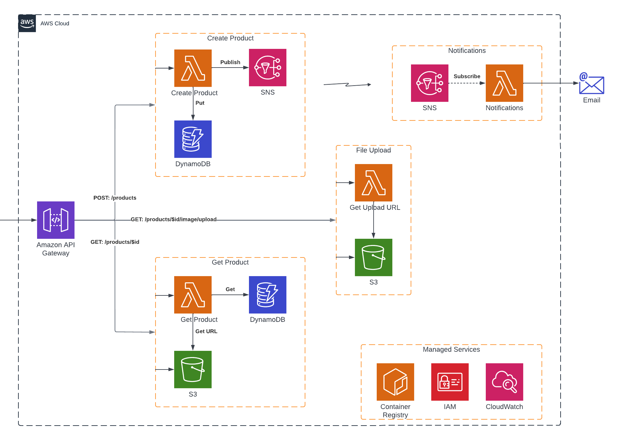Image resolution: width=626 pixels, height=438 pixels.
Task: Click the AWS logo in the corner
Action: [27, 23]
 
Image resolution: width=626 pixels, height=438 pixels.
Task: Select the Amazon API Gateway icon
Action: [56, 220]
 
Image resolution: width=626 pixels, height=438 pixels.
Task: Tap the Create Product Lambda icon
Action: [193, 68]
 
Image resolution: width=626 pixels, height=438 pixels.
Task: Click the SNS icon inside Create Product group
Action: [268, 68]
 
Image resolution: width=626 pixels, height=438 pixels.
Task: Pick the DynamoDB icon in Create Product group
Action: [193, 139]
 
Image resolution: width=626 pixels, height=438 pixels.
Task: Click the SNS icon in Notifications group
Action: [430, 83]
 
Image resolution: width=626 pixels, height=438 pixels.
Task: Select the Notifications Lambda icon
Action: [504, 83]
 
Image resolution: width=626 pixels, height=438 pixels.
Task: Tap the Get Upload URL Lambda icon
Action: [374, 183]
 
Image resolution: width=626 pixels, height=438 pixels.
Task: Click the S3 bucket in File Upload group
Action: [374, 257]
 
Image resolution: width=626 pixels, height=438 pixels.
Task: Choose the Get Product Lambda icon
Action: [193, 295]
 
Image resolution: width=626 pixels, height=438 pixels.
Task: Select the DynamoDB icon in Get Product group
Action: [268, 295]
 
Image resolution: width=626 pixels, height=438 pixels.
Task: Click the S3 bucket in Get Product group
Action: [193, 370]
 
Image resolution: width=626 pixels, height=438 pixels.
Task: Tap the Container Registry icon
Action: [395, 382]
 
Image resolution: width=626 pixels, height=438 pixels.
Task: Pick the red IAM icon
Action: [450, 382]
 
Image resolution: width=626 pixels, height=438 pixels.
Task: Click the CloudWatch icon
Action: [504, 382]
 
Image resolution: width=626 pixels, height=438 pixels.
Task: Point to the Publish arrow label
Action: [230, 62]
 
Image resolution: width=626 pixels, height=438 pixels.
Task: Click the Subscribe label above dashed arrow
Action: [467, 76]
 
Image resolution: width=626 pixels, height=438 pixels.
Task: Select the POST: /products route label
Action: [115, 198]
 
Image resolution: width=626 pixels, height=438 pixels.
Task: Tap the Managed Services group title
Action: [451, 349]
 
